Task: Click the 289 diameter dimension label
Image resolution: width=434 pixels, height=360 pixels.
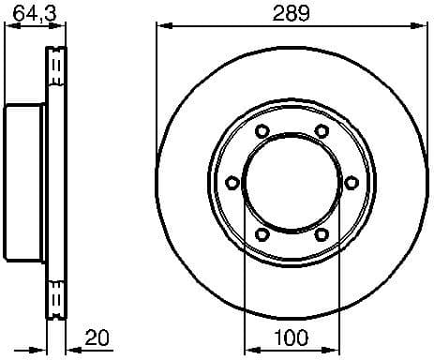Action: [291, 12]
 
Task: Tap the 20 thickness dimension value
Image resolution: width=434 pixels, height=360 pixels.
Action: [97, 336]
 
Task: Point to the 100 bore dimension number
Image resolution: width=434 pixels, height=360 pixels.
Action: [292, 336]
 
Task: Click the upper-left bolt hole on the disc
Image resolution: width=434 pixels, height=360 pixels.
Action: [262, 130]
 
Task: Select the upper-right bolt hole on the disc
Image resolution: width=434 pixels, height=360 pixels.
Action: [321, 130]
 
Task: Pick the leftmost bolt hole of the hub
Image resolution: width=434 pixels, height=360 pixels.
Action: [232, 182]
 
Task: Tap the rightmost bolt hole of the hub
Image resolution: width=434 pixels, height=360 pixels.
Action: [351, 182]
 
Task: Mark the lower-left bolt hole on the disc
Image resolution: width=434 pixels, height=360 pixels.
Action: [262, 233]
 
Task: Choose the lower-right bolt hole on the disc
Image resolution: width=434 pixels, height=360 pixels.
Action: [321, 233]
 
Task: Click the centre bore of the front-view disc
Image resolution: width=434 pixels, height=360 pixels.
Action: [292, 182]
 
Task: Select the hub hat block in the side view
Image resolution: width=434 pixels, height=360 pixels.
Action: [25, 182]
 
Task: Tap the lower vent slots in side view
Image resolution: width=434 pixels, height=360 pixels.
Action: [56, 294]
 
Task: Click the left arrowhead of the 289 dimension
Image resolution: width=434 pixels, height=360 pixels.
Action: [160, 28]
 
